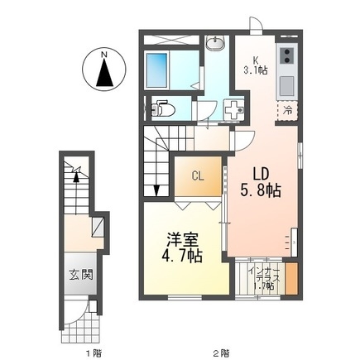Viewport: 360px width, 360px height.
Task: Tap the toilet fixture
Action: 164,108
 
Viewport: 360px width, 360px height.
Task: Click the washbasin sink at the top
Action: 214,43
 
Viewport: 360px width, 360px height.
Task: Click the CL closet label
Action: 199,175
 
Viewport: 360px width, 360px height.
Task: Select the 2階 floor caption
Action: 218,352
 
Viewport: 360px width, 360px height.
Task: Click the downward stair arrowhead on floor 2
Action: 156,191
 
